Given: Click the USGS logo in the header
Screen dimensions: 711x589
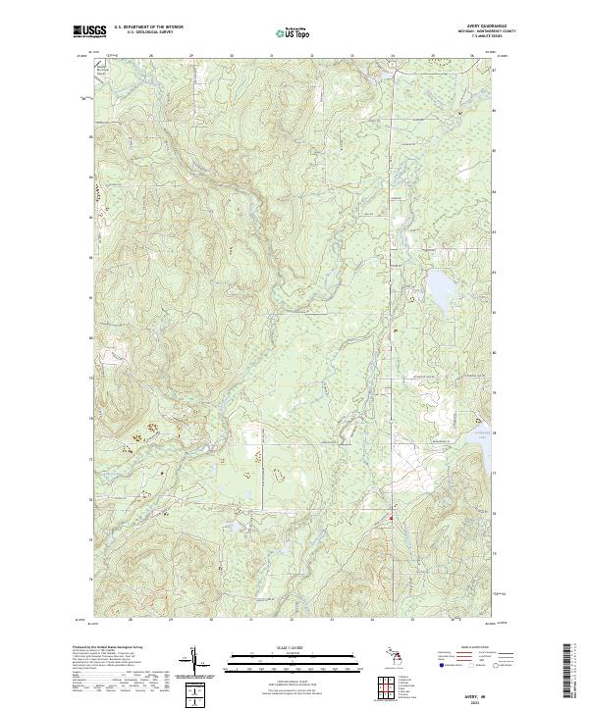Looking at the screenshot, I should [x=87, y=32].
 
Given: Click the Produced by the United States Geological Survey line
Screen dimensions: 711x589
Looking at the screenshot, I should [x=103, y=648].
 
